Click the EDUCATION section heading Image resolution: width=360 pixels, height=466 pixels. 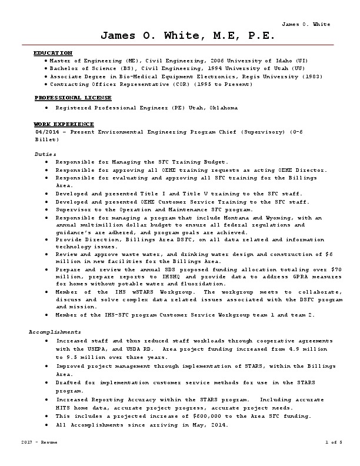coord(53,53)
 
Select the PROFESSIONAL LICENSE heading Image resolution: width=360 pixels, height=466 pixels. coord(73,97)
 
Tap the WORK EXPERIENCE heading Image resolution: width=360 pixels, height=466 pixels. coord(64,124)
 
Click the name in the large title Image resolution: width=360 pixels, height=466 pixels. coord(187,36)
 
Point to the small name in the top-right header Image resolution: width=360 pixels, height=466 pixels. coord(306,24)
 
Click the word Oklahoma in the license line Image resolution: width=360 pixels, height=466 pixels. coord(222,108)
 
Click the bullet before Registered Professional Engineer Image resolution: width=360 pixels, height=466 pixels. coord(46,108)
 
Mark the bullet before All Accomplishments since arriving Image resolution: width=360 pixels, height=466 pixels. coord(46,424)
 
